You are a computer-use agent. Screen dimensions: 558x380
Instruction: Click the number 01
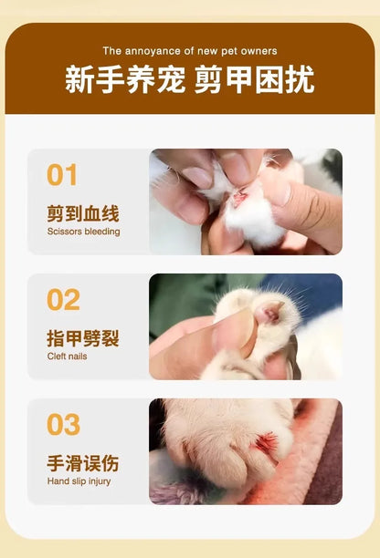pyautogui.click(x=62, y=175)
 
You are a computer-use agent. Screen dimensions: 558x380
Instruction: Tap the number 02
pyautogui.click(x=63, y=300)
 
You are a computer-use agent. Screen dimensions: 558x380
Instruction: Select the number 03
pyautogui.click(x=63, y=425)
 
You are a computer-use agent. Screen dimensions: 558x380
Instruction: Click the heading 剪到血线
pyautogui.click(x=83, y=214)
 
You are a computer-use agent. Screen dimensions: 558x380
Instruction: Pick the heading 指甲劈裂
pyautogui.click(x=83, y=339)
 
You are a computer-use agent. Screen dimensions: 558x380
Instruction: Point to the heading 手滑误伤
pyautogui.click(x=83, y=464)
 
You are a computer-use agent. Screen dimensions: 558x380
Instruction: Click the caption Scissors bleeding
pyautogui.click(x=83, y=232)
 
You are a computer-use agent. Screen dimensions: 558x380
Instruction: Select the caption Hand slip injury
pyautogui.click(x=79, y=480)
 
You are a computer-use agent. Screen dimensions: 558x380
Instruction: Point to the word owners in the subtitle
pyautogui.click(x=260, y=51)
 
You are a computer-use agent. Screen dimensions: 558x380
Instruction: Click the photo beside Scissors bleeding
pyautogui.click(x=246, y=201)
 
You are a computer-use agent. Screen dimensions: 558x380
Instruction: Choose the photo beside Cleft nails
pyautogui.click(x=246, y=326)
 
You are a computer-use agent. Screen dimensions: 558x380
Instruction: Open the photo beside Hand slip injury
pyautogui.click(x=246, y=451)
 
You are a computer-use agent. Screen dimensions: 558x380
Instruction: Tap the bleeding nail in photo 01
pyautogui.click(x=241, y=195)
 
